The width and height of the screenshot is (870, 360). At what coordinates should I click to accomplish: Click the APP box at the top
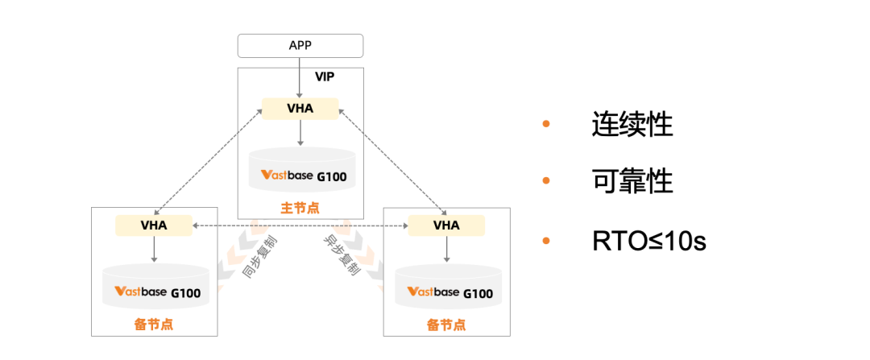tap(300, 45)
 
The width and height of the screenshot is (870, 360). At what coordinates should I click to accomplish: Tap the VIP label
tap(325, 77)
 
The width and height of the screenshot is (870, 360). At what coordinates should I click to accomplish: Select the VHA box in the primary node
tap(300, 109)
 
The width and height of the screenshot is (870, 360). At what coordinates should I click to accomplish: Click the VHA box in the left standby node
tap(154, 226)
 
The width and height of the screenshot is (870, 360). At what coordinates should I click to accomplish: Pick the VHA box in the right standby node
tap(446, 226)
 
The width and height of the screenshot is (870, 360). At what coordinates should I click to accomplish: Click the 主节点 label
tap(300, 208)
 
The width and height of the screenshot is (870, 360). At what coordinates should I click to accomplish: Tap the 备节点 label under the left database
tap(153, 325)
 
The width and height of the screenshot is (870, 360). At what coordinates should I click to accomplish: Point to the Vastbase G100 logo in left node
tap(158, 292)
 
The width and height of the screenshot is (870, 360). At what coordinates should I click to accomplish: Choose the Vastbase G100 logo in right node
tap(450, 292)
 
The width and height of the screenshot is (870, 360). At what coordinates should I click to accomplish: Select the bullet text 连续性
tap(632, 124)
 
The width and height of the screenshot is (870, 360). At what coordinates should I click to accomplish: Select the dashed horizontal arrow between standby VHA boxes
tap(300, 226)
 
